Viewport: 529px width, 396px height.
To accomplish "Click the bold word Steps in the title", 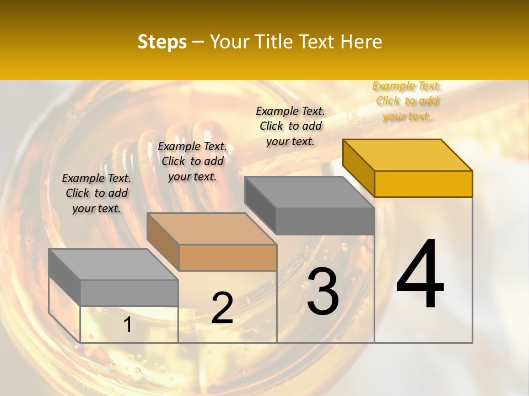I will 162,42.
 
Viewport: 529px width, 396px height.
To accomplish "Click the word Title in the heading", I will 273,42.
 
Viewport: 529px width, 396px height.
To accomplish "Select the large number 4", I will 420,274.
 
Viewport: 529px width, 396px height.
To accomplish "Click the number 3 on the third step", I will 323,291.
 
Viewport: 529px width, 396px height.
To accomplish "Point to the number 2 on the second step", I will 222,308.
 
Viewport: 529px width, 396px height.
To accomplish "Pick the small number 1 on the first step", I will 128,325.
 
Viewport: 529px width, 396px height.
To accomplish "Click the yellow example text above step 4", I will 407,101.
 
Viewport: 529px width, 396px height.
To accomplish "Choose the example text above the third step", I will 290,126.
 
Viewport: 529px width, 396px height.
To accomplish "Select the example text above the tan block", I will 192,161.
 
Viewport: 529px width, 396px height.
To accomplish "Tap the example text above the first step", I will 96,193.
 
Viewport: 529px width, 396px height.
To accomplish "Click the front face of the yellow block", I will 423,184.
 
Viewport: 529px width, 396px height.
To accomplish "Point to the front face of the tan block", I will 228,257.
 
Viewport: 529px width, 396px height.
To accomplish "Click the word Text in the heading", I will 318,42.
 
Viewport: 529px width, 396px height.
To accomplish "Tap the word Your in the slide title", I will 230,42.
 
